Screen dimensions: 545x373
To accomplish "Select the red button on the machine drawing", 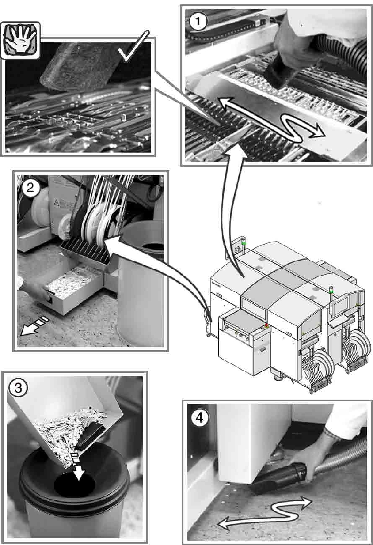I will point(266,325).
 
